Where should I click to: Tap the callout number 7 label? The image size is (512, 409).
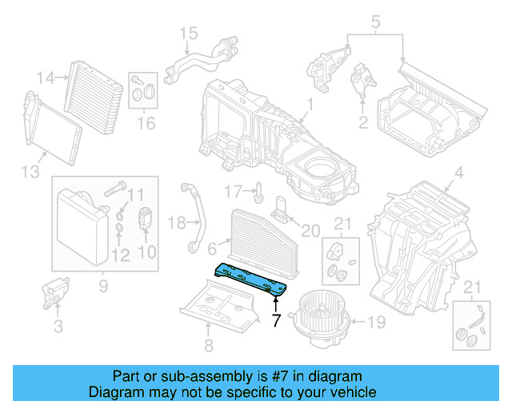point(276,320)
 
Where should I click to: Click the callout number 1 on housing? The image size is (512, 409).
point(309,103)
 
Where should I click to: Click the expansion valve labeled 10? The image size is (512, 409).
point(145,218)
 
